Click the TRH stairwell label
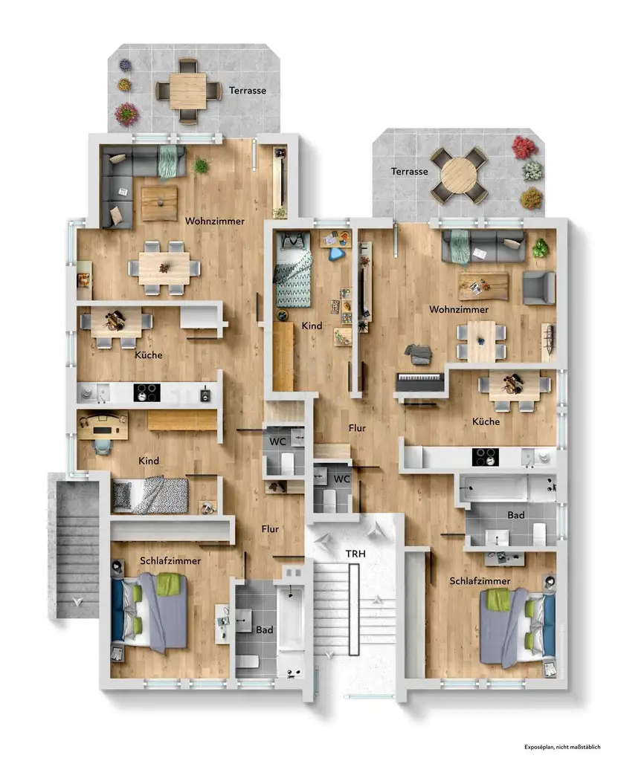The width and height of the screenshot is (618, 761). coord(355,554)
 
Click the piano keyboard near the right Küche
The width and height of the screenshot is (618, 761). coord(420,381)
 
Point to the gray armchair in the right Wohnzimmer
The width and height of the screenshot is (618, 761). coord(539,288)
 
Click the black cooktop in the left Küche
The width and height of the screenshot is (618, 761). coord(147,392)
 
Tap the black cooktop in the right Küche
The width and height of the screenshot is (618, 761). coord(485,457)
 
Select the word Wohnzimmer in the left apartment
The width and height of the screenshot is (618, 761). coord(215,221)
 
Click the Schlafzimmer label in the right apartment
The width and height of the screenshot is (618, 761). coord(480,581)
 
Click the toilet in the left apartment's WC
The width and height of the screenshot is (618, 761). coord(287,463)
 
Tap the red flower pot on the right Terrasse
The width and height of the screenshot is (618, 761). coord(524,146)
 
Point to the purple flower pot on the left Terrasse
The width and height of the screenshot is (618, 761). coord(126,65)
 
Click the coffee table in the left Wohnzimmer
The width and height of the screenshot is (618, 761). coord(159,203)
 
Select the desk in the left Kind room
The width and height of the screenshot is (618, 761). coord(103,426)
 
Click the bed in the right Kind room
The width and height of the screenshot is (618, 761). coord(293,270)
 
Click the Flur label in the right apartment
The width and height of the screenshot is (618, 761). coord(357,428)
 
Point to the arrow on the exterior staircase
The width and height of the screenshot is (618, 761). coord(77,602)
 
